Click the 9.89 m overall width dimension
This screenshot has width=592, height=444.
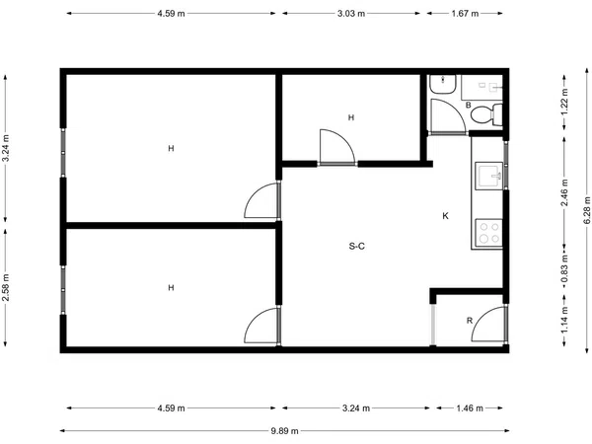[285, 431]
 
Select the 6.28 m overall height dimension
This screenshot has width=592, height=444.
[587, 210]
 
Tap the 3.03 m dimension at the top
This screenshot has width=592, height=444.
[351, 14]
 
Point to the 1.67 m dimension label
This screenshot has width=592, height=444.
[465, 14]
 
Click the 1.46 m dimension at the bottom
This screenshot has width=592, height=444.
[470, 408]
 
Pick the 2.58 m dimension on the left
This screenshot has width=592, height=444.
[6, 288]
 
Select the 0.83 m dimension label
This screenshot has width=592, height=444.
[564, 268]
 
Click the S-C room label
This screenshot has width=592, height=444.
[357, 247]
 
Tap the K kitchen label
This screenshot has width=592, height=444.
[446, 216]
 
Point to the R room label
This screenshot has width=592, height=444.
[470, 321]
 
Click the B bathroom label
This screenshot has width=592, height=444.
[469, 105]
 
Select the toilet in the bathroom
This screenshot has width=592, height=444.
[486, 114]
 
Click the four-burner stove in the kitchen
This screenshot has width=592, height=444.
[489, 233]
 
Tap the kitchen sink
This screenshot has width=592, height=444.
[489, 176]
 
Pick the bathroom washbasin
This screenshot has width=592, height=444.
[443, 84]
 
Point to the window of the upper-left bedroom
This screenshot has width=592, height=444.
[63, 153]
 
